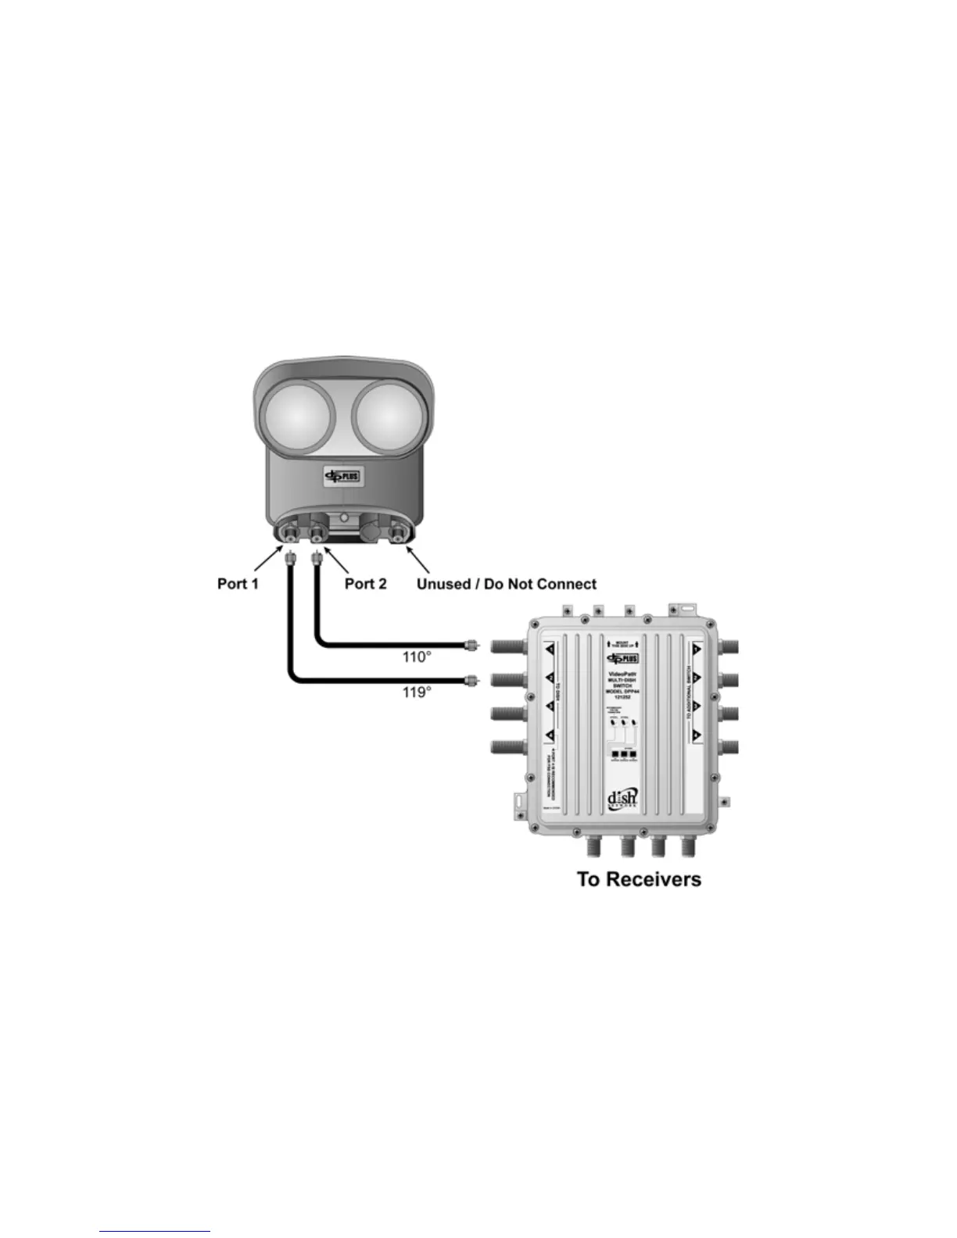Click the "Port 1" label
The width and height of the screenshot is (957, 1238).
[238, 584]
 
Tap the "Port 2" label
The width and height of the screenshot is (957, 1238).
[366, 584]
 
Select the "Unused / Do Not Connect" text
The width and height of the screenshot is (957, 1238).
[506, 584]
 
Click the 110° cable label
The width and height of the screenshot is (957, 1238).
[417, 657]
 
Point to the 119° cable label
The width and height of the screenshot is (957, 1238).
[417, 692]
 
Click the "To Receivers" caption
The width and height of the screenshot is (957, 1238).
[639, 879]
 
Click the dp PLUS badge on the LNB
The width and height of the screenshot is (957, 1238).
[342, 477]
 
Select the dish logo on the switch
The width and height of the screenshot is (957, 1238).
[622, 800]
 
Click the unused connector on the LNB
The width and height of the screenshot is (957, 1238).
[400, 534]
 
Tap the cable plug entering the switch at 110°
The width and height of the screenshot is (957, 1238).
[471, 645]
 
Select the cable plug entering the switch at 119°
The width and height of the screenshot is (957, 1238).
[471, 680]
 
